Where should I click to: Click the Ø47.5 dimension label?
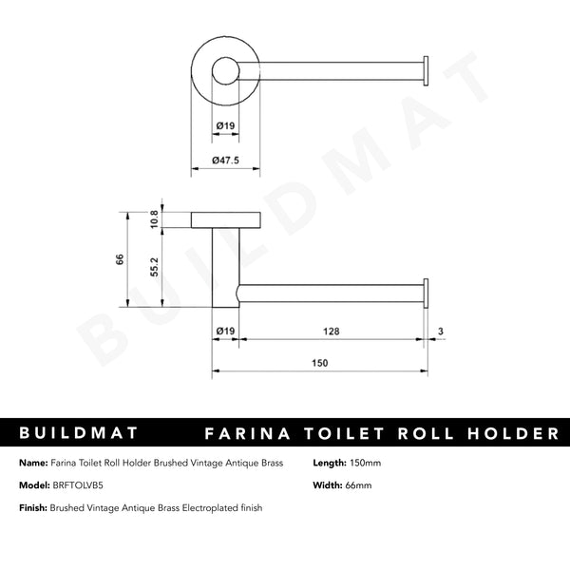225,161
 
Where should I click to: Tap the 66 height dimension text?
121,259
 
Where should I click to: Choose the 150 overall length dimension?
319,363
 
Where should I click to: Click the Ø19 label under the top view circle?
225,123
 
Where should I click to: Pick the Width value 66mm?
359,485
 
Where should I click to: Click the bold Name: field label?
33,463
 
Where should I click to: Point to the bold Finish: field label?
35,508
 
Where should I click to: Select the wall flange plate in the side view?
225,221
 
